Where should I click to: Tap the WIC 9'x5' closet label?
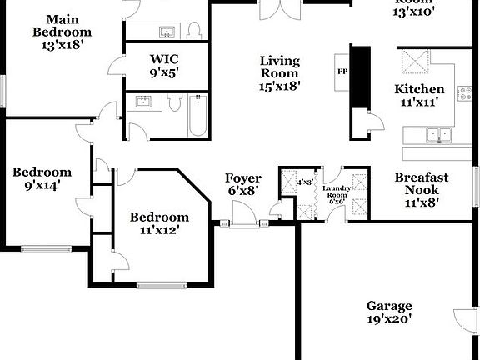[164, 66]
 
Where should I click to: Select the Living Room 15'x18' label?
[279, 72]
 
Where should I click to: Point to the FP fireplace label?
[342, 71]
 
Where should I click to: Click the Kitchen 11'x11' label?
[419, 96]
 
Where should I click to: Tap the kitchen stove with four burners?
[412, 62]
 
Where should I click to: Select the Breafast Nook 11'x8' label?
[421, 189]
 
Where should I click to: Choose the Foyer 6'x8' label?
[242, 184]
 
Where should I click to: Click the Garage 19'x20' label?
[388, 312]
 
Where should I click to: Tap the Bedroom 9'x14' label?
[41, 179]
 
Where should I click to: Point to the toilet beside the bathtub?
[175, 103]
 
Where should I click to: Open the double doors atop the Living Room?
[277, 10]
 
